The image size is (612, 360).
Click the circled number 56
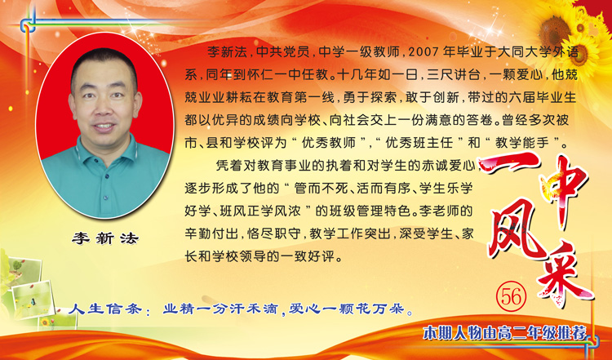pyautogui.click(x=512, y=297)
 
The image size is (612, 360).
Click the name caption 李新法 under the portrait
pyautogui.click(x=105, y=238)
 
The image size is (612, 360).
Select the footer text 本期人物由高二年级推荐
pyautogui.click(x=505, y=333)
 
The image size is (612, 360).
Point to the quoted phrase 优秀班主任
pyautogui.click(x=419, y=143)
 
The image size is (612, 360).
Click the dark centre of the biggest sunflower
pyautogui.click(x=555, y=31)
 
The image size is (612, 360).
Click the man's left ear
pyautogui.click(x=138, y=104)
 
